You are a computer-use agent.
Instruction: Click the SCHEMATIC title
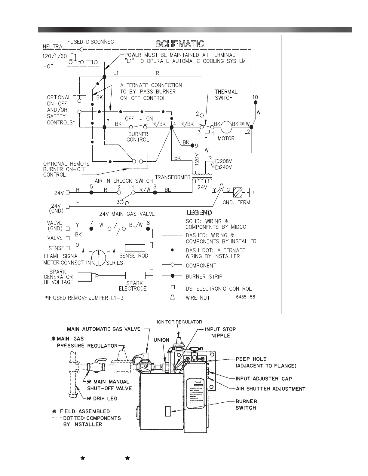pos(179,44)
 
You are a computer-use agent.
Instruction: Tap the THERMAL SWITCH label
pos(226,95)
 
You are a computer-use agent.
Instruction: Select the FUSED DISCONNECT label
pos(92,42)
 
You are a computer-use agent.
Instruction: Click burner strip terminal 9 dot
pos(193,145)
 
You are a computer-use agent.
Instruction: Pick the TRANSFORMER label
pos(173,177)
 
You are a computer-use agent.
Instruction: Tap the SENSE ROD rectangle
pos(135,248)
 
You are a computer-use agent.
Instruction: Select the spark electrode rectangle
pos(135,276)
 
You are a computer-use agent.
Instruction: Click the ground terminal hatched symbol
pos(238,192)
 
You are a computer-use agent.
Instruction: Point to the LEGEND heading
pos(199,213)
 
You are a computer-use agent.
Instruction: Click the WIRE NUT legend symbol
pos(173,297)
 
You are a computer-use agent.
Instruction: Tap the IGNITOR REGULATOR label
pos(179,322)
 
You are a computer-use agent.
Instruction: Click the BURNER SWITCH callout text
pos(246,404)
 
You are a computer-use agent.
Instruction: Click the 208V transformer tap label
pos(226,161)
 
